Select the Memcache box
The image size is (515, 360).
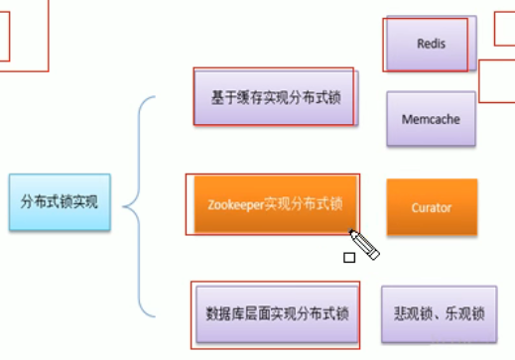[431, 120]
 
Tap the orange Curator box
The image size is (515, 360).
[432, 207]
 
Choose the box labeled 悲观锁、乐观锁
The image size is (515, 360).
[439, 313]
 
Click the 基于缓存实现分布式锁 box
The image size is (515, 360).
[274, 98]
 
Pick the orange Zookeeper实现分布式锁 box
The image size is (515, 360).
[274, 205]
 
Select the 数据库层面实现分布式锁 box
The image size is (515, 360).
[273, 313]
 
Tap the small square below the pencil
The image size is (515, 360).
[349, 258]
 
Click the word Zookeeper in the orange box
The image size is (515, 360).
[236, 205]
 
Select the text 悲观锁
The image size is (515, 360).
[411, 313]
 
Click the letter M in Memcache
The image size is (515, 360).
[407, 120]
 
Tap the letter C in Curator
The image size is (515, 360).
[415, 207]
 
